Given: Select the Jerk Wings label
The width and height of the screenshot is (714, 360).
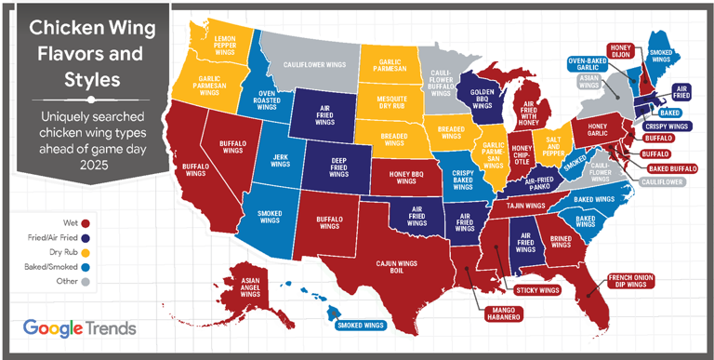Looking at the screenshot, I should click(281, 160).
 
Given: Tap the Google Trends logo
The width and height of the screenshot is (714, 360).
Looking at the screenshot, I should click(79, 327).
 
